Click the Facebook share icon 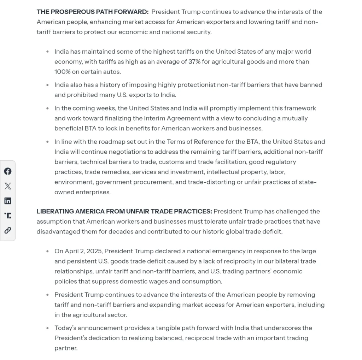pyautogui.click(x=8, y=171)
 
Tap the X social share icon pyautogui.click(x=8, y=186)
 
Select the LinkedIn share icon pyautogui.click(x=8, y=201)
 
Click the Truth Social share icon pyautogui.click(x=8, y=216)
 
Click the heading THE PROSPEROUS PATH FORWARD pyautogui.click(x=93, y=12)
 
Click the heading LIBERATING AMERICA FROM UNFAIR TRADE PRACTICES pyautogui.click(x=124, y=212)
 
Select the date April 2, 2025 pyautogui.click(x=84, y=251)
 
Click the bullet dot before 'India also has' pyautogui.click(x=47, y=85)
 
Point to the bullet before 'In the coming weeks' pyautogui.click(x=47, y=108)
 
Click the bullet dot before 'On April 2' pyautogui.click(x=47, y=252)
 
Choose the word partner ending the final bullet pyautogui.click(x=65, y=348)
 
